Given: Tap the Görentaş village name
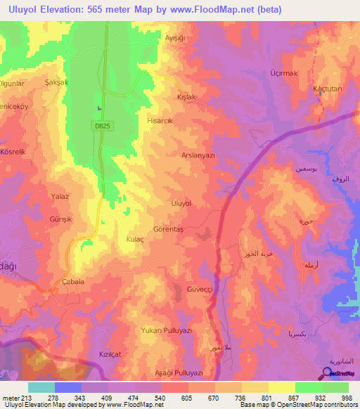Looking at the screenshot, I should (x=168, y=230).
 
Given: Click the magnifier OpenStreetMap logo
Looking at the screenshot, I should (x=326, y=373).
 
